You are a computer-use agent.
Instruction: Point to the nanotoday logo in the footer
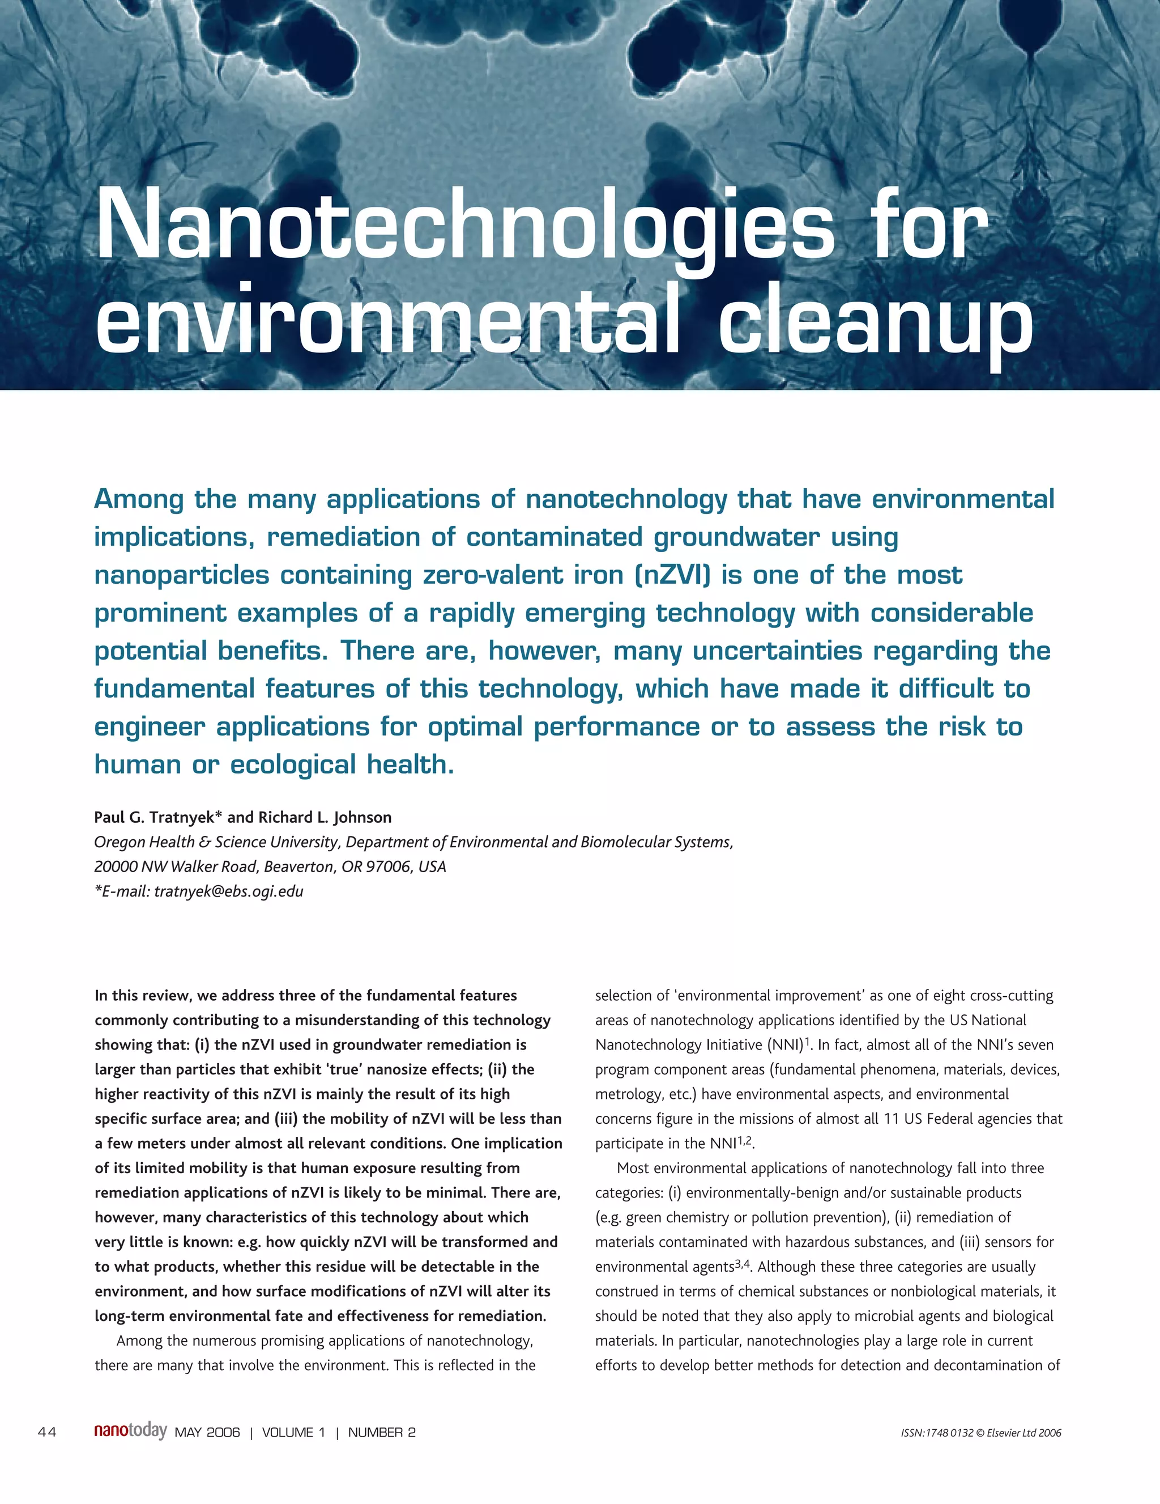pyautogui.click(x=130, y=1431)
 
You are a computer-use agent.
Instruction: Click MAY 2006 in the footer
pyautogui.click(x=207, y=1433)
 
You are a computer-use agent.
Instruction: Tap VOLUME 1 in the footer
pyautogui.click(x=293, y=1433)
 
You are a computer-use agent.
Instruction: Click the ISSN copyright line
pyautogui.click(x=980, y=1433)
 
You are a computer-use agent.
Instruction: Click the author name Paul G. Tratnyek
pyautogui.click(x=157, y=817)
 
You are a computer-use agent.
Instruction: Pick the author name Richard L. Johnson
pyautogui.click(x=324, y=817)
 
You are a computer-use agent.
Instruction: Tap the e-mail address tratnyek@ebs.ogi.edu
pyautogui.click(x=229, y=891)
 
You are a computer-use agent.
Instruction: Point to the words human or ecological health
pyautogui.click(x=274, y=764)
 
